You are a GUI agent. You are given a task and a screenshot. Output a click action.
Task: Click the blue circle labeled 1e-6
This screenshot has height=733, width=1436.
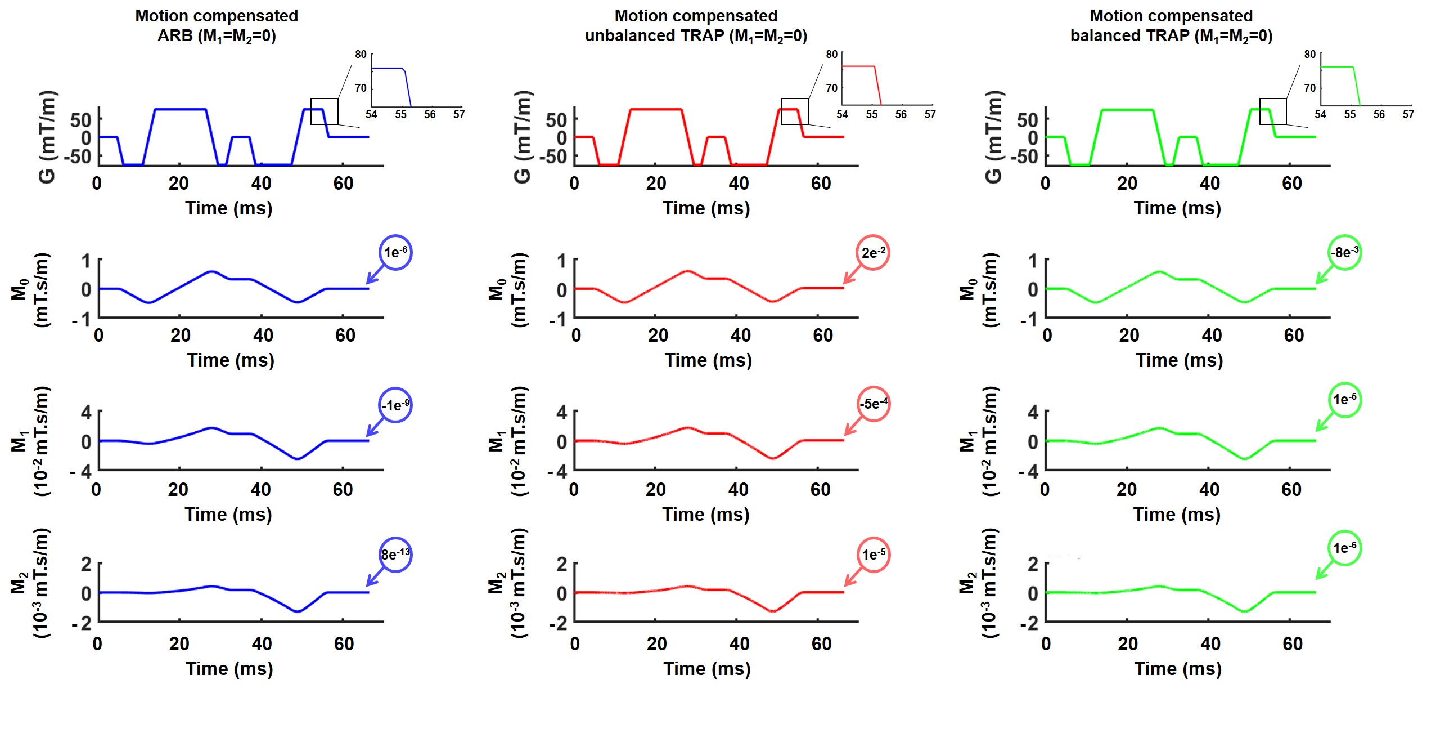[x=395, y=252]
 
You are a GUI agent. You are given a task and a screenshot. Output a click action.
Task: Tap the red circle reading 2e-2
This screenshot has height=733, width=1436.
[x=872, y=253]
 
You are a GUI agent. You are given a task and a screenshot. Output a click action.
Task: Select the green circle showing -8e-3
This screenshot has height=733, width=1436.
[x=1344, y=252]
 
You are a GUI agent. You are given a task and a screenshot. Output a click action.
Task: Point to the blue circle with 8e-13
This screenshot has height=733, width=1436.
[x=395, y=555]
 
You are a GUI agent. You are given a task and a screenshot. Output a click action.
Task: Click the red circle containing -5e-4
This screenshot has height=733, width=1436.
[x=873, y=404]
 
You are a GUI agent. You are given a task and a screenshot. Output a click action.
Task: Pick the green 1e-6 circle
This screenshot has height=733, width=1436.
[x=1344, y=548]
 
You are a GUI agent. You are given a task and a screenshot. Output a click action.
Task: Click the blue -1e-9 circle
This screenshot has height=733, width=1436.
[x=395, y=405]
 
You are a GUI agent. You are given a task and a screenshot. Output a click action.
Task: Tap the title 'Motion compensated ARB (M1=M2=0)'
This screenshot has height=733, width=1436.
[x=217, y=26]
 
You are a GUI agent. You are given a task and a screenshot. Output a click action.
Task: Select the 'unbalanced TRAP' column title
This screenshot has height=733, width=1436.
[x=696, y=35]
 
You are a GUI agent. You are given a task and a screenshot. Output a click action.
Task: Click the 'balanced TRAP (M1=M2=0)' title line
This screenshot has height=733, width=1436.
[x=1171, y=35]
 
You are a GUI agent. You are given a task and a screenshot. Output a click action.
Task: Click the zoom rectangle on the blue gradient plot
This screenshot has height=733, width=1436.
[x=325, y=111]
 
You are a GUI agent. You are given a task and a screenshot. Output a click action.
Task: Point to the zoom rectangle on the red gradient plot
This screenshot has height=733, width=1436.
[x=795, y=111]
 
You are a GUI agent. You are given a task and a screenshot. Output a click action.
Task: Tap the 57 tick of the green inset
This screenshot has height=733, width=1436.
[x=1408, y=114]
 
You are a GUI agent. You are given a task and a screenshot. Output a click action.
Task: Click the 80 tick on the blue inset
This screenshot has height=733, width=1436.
[x=361, y=55]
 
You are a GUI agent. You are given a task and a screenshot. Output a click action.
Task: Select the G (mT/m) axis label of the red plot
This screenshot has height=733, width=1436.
[x=523, y=137]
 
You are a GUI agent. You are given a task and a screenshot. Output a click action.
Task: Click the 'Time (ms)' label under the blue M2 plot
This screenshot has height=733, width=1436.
[x=229, y=668]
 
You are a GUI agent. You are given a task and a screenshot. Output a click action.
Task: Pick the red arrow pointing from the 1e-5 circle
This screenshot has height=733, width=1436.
[x=853, y=578]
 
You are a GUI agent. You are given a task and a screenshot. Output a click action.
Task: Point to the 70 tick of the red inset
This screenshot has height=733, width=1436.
[x=831, y=88]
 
